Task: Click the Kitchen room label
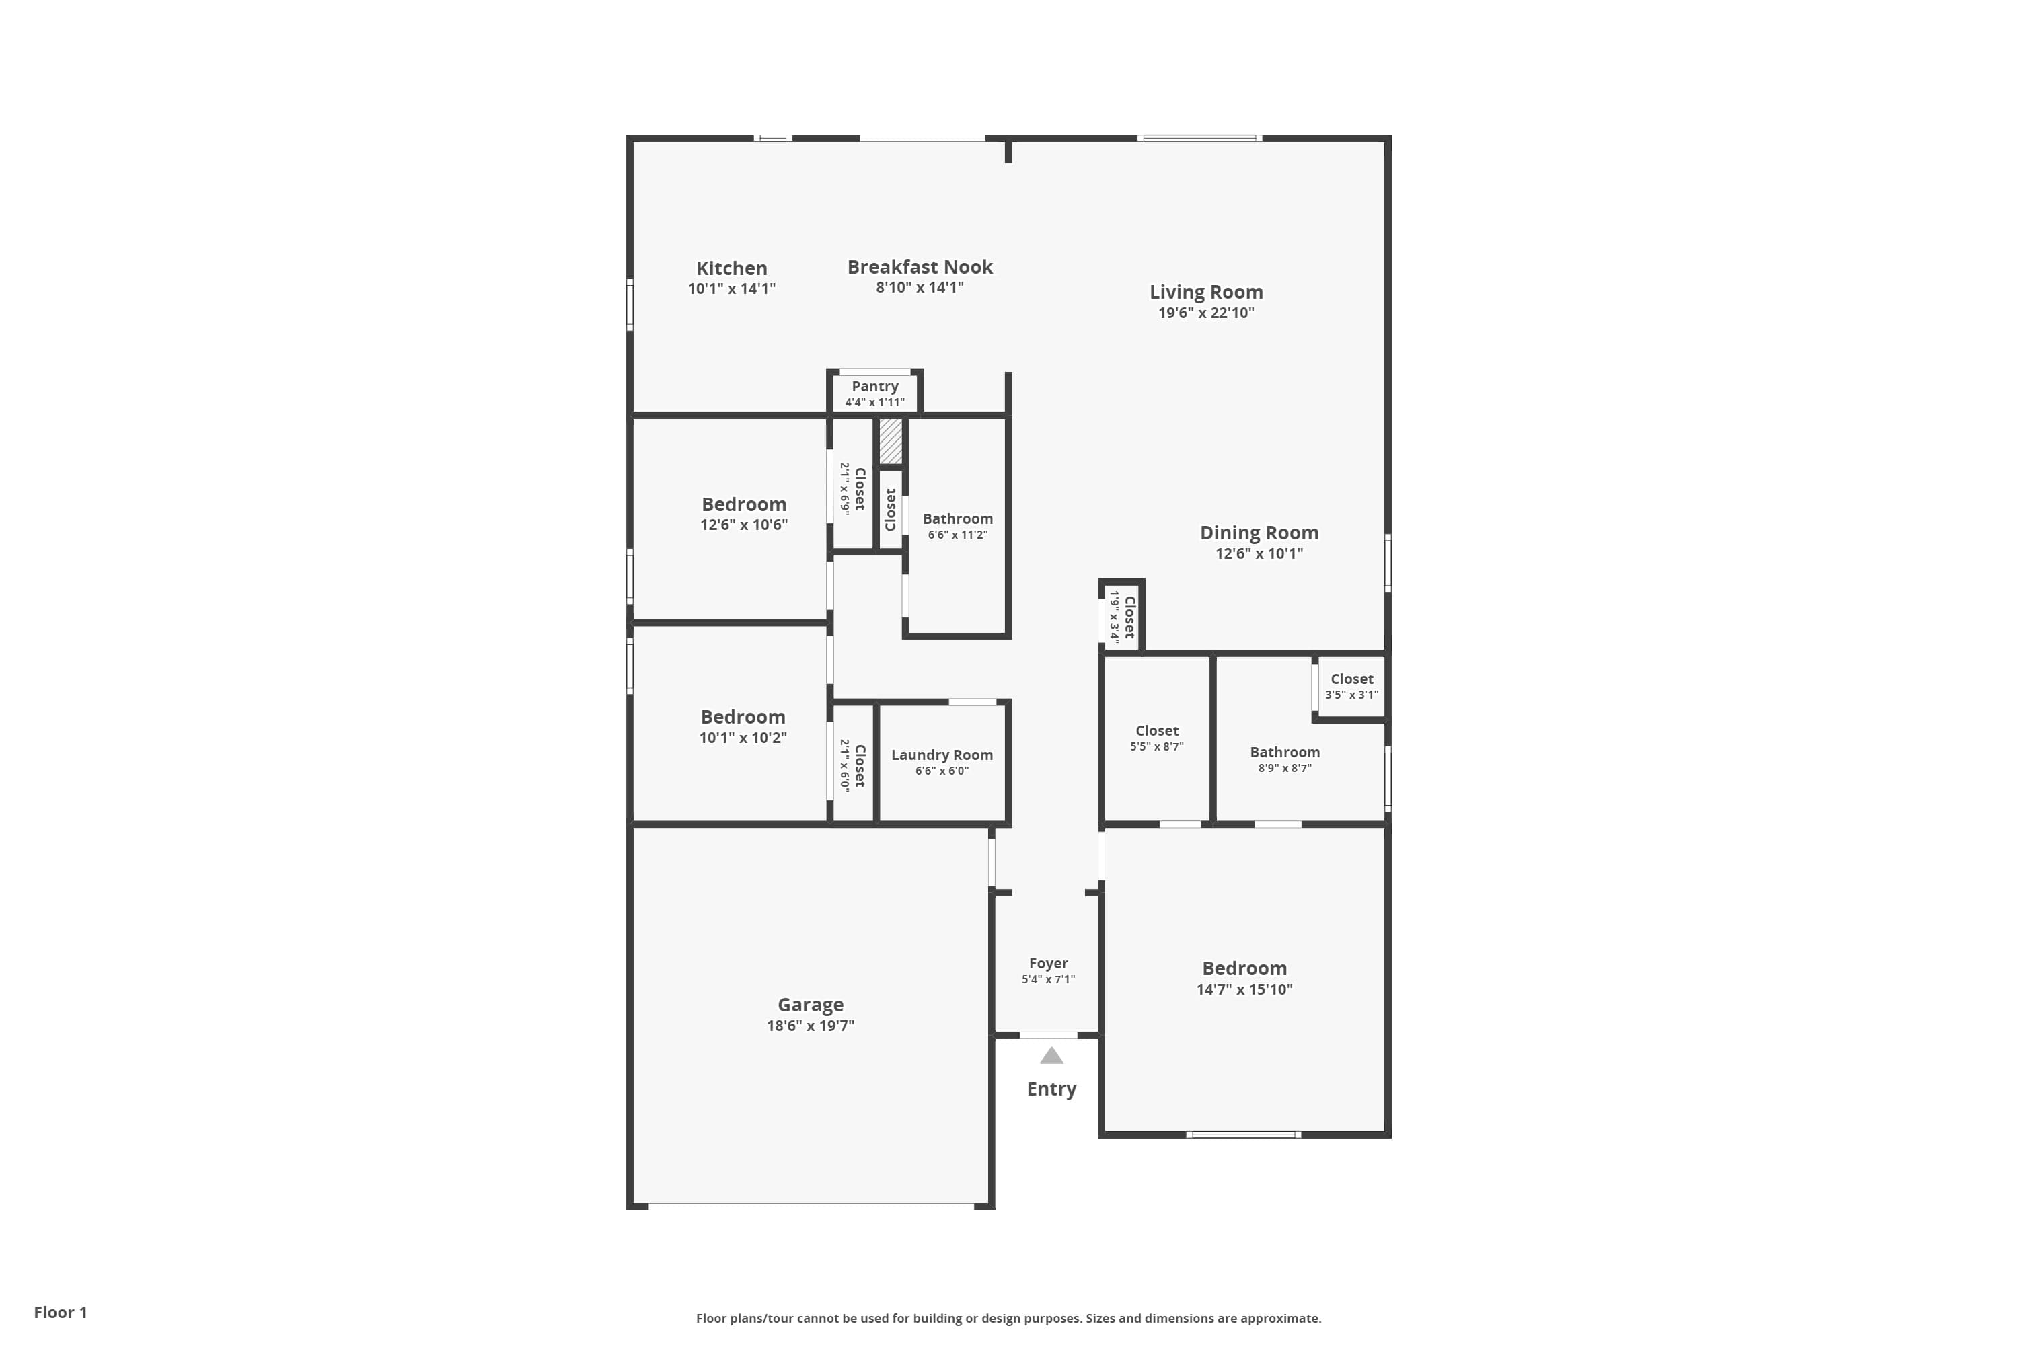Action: point(731,268)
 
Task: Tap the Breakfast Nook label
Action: point(920,267)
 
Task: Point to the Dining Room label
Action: point(1259,533)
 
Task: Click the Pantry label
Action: point(874,387)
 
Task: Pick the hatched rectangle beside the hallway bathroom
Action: point(891,441)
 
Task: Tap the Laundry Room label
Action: point(941,755)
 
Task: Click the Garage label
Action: point(810,1005)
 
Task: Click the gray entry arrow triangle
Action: point(1051,1056)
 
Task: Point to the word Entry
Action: point(1051,1089)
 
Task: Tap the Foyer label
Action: point(1047,963)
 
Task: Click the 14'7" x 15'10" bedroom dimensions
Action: point(1244,990)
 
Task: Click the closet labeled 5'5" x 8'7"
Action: point(1156,738)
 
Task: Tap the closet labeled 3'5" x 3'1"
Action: point(1351,686)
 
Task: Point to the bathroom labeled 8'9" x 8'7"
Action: point(1284,759)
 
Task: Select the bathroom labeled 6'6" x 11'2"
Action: point(957,526)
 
